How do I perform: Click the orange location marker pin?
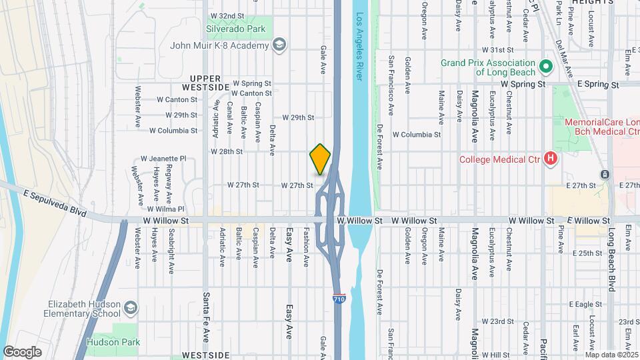[x=321, y=159]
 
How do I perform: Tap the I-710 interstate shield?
[x=339, y=299]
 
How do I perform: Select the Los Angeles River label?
[x=360, y=47]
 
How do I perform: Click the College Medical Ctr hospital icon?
[x=551, y=159]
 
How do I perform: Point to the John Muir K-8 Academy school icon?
[x=280, y=45]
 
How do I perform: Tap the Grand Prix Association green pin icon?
[x=545, y=66]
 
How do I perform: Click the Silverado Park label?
[x=237, y=29]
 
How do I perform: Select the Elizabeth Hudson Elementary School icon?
[x=131, y=308]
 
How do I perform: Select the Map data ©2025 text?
[x=611, y=354]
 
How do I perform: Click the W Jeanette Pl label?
[x=163, y=159]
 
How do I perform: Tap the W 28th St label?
[x=226, y=151]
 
